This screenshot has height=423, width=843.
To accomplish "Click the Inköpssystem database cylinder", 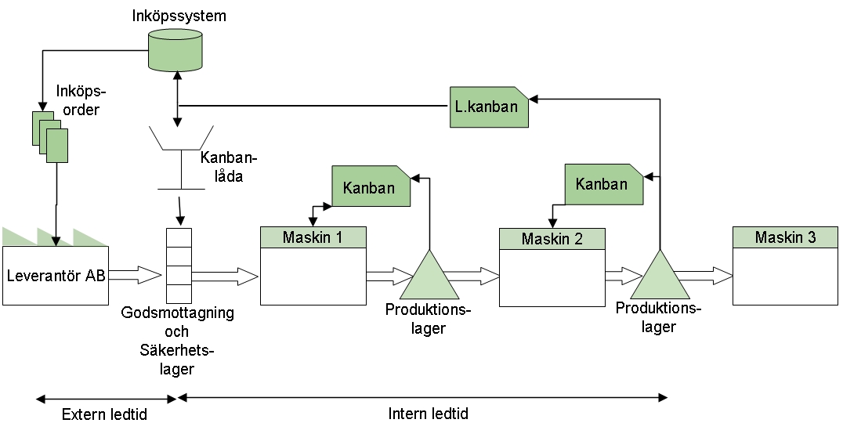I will point(175,49).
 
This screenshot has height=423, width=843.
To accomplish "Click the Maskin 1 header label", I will point(313,236).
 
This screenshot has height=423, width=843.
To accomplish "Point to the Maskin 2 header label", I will point(552,238).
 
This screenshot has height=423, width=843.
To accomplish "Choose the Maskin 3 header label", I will point(784,237).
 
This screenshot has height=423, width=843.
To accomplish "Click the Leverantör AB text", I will point(55,275).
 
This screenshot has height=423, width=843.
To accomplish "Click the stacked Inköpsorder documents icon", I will point(49,136).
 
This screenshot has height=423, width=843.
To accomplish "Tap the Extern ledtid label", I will point(104,414).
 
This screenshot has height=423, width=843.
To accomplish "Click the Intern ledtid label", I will point(428,413).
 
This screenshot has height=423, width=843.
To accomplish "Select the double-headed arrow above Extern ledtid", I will point(107,399).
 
